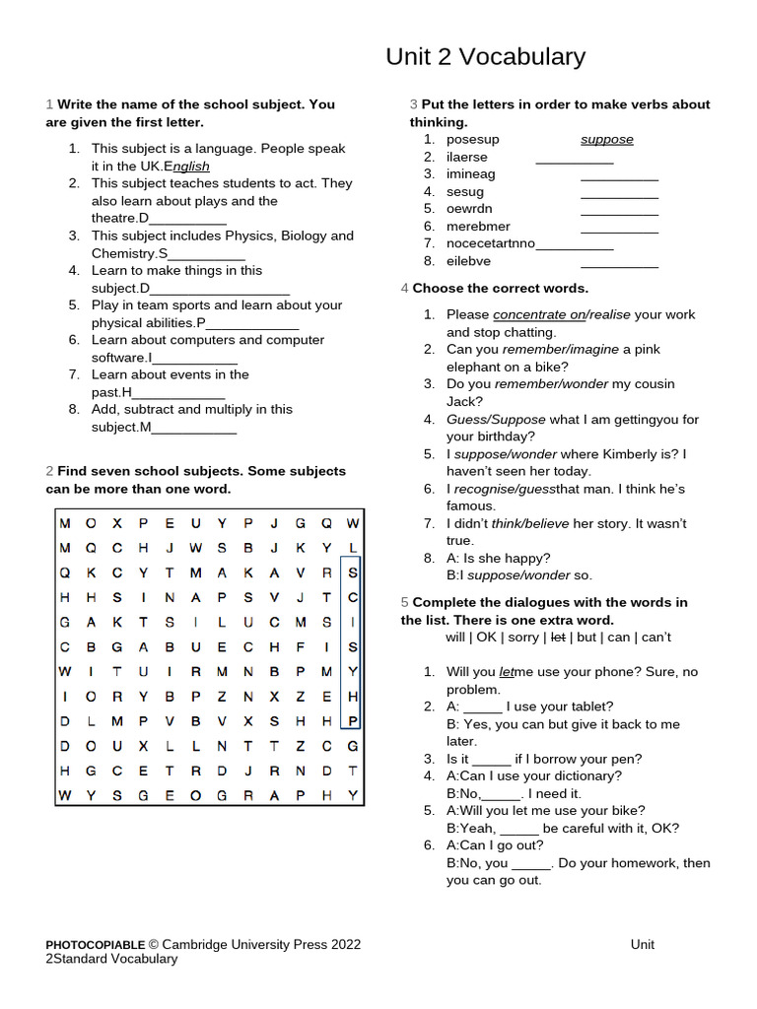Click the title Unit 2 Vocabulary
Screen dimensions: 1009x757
click(x=485, y=57)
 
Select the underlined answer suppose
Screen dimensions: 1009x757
click(x=606, y=139)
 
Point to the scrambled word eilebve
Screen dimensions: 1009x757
click(x=468, y=261)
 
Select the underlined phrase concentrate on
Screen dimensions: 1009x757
click(x=538, y=314)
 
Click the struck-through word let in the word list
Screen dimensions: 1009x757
click(x=558, y=638)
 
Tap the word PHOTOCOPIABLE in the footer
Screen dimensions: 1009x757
click(x=96, y=944)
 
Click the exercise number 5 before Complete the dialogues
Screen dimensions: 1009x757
click(x=404, y=602)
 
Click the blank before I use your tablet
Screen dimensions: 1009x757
click(x=482, y=706)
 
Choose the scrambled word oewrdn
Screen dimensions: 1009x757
click(x=469, y=209)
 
